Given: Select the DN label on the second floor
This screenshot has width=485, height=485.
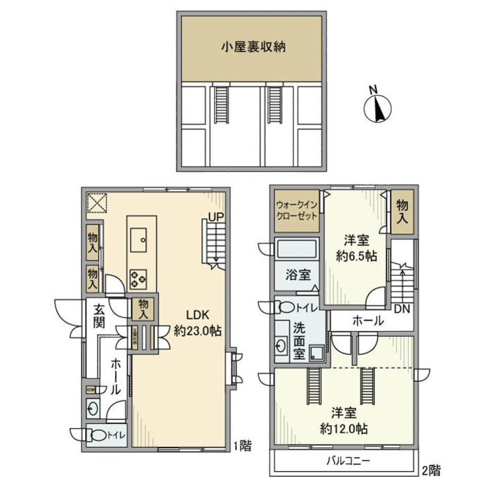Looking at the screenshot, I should pos(402,308).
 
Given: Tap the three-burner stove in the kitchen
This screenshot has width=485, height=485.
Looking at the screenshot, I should pos(139,277).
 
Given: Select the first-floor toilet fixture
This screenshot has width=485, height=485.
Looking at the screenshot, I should pos(96,434).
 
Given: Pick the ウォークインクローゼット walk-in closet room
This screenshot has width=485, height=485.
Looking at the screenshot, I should pos(297,211).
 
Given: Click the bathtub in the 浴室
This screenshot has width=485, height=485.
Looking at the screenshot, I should pos(297,250).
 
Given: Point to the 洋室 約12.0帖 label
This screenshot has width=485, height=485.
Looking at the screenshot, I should pos(344,421).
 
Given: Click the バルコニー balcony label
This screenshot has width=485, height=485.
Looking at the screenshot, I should pos(348,461).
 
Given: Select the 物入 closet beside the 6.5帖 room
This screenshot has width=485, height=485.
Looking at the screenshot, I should pos(402,211).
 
